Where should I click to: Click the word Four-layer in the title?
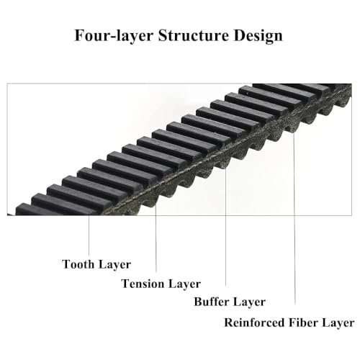pyautogui.click(x=114, y=36)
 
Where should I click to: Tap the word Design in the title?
pyautogui.click(x=258, y=36)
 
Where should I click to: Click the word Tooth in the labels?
pyautogui.click(x=78, y=264)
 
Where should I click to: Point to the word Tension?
pyautogui.click(x=143, y=284)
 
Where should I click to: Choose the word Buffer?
pyautogui.click(x=212, y=302)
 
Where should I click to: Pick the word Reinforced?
pyautogui.click(x=254, y=323)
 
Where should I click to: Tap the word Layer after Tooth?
pyautogui.click(x=114, y=265)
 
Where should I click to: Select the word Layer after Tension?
pyautogui.click(x=184, y=284)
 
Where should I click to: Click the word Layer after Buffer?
pyautogui.click(x=249, y=302)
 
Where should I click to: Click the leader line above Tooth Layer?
pyautogui.click(x=89, y=235)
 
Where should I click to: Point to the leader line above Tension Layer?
pyautogui.click(x=156, y=238)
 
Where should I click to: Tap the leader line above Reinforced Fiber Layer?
pyautogui.click(x=294, y=218)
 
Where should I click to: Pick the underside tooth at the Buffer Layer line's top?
pyautogui.click(x=224, y=163)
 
